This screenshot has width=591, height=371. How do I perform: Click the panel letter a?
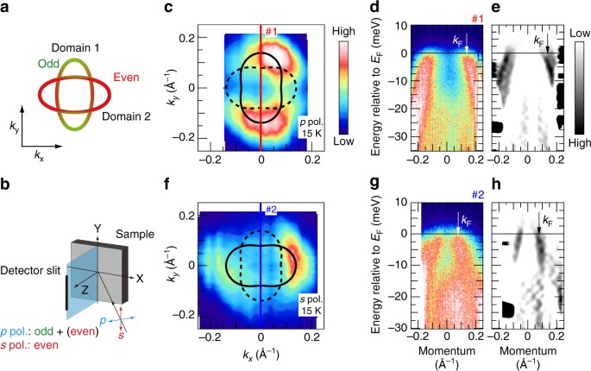click(x=7, y=8)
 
